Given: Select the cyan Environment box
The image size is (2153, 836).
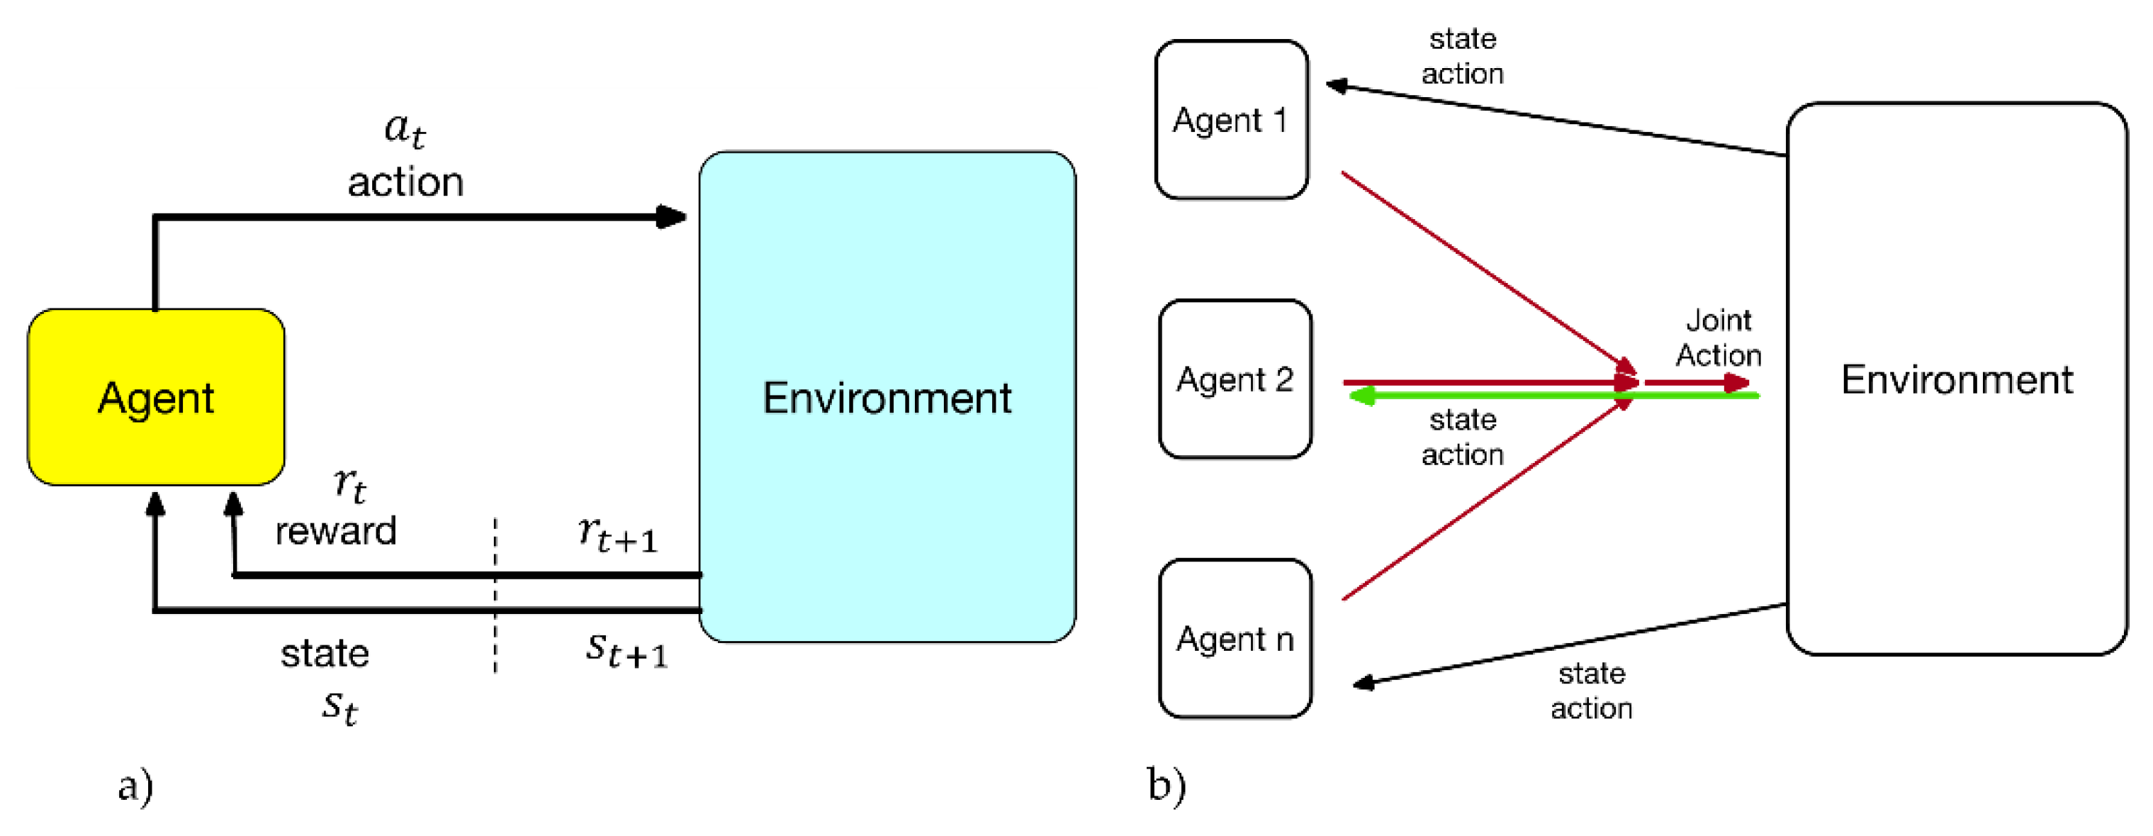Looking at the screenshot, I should (887, 397).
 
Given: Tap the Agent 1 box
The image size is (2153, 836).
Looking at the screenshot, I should (1230, 120).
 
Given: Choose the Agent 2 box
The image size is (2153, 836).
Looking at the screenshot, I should (1235, 379).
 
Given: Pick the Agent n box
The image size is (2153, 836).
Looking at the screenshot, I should (1235, 639).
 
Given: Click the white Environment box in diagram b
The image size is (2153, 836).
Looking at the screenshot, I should (1956, 379).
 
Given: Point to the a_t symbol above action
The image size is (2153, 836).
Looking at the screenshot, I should (405, 130).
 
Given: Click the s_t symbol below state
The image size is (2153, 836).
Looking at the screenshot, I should (339, 706).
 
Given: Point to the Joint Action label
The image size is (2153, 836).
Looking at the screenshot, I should (1719, 338).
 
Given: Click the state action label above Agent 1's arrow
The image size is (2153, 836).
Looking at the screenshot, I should (1463, 56).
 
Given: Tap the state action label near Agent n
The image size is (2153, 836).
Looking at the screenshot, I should (1591, 691).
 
